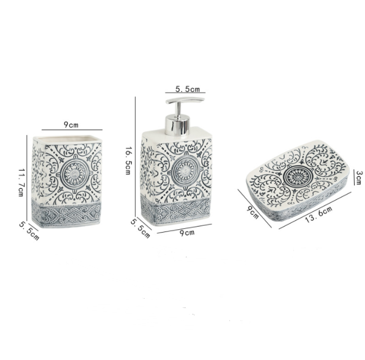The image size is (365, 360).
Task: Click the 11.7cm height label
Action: [x=21, y=182]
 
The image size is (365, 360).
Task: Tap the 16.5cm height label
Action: [x=128, y=160]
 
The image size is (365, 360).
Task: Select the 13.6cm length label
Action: [x=318, y=214]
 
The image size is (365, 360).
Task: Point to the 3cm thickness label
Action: [x=358, y=178]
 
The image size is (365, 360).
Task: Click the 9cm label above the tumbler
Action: [x=71, y=125]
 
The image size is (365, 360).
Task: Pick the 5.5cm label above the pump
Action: [x=188, y=89]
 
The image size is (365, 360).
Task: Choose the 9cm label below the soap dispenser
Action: [x=187, y=233]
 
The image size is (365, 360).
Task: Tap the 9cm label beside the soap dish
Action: [x=253, y=212]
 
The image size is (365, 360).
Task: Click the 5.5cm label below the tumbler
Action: [x=29, y=230]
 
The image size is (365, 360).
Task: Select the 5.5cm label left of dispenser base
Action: [x=140, y=228]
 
